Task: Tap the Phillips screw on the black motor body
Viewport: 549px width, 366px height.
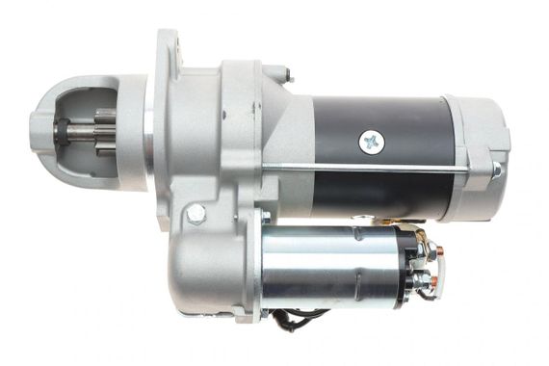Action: pos(371,143)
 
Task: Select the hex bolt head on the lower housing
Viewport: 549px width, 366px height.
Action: pos(196,214)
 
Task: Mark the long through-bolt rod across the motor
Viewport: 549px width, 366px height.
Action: pos(385,170)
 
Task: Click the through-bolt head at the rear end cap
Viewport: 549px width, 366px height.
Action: pos(496,171)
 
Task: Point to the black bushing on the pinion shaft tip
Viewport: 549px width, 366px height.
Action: pos(61,130)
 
